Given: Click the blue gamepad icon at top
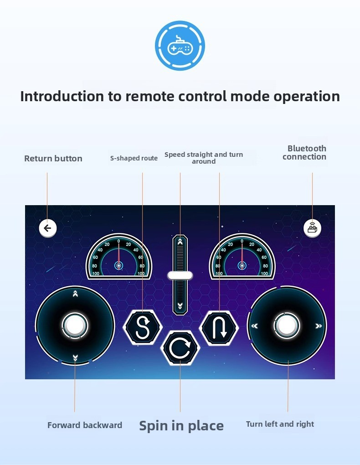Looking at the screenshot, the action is [x=180, y=46].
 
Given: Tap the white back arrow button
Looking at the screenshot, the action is [x=47, y=228].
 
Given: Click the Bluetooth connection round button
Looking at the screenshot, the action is [x=312, y=228].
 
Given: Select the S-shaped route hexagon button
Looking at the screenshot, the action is [x=143, y=327].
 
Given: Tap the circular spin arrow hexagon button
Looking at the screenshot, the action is [x=180, y=348].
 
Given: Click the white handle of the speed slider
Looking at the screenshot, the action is [x=180, y=275].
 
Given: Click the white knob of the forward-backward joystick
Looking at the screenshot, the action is [x=75, y=325].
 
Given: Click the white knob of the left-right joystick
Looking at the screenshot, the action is [x=287, y=325].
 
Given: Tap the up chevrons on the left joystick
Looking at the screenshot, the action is [x=75, y=294].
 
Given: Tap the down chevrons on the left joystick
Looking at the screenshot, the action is [x=75, y=358].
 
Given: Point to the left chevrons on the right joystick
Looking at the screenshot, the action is [x=254, y=326].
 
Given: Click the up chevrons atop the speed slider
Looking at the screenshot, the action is [x=180, y=242].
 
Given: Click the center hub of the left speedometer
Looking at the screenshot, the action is [x=118, y=265].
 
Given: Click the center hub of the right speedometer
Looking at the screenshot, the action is [x=242, y=265].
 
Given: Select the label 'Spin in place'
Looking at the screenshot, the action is [x=181, y=426].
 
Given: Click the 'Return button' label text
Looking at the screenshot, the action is [x=53, y=158].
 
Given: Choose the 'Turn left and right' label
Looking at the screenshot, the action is [x=280, y=424].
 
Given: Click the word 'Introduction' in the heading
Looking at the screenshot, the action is [x=62, y=96].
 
